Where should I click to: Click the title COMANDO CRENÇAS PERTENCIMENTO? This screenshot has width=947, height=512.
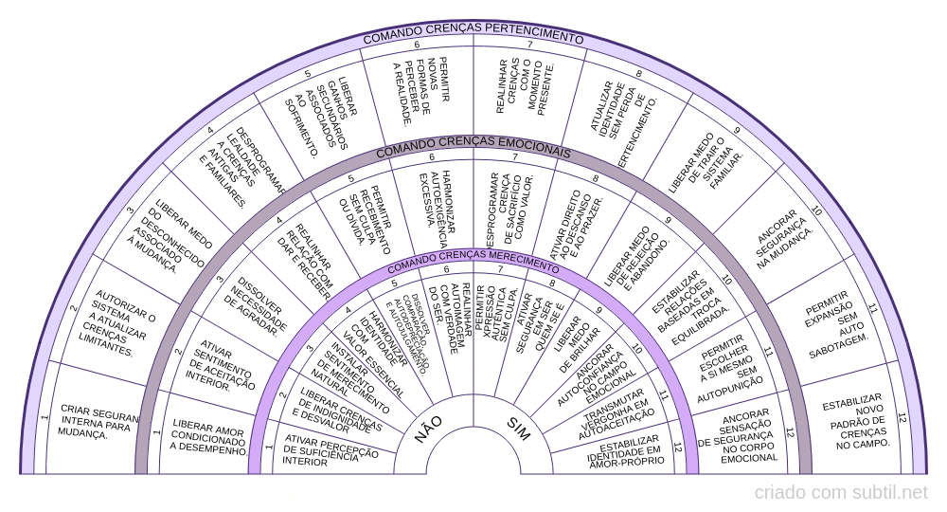pyautogui.click(x=473, y=37)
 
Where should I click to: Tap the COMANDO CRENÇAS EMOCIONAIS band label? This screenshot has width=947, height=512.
pyautogui.click(x=473, y=152)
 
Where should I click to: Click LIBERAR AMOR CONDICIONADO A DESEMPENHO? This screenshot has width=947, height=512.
pyautogui.click(x=208, y=439)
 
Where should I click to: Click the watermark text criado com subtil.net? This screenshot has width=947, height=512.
pyautogui.click(x=841, y=492)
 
